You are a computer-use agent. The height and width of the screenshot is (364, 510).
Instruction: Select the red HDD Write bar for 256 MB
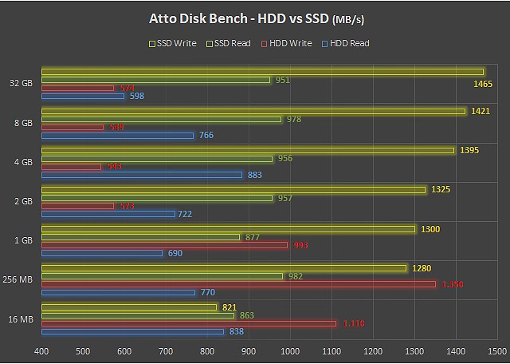238,284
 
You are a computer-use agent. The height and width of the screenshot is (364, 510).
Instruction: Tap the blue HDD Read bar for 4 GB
141,175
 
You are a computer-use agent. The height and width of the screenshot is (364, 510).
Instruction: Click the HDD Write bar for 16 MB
189,323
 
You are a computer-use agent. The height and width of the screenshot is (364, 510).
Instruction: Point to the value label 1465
482,83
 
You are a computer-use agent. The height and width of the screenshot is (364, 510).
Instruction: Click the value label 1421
480,111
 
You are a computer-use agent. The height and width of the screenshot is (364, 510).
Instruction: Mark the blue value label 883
255,175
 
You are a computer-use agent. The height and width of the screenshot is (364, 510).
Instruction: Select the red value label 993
300,245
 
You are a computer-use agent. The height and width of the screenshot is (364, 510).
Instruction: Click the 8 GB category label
22,123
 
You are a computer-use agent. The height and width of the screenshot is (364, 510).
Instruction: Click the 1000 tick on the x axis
290,350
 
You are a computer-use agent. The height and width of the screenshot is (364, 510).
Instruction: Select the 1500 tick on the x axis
496,350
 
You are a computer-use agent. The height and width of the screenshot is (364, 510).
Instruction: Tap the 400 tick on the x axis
41,350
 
